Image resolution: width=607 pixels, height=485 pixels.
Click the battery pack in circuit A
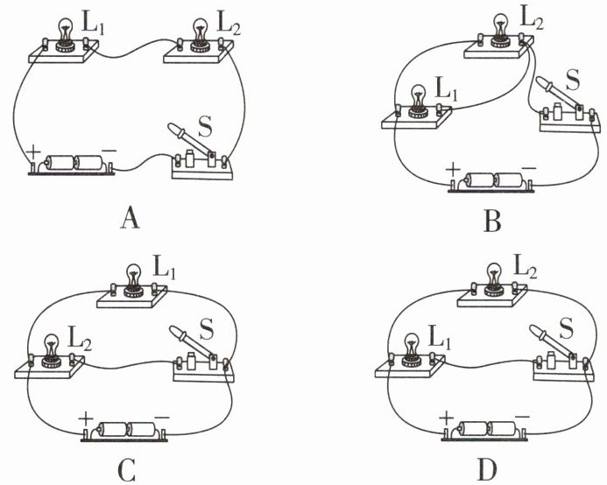pyautogui.click(x=72, y=164)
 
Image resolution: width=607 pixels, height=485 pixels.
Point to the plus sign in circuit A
pyautogui.click(x=33, y=152)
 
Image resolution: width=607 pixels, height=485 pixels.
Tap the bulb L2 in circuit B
pyautogui.click(x=501, y=31)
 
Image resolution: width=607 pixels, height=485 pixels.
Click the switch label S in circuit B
pyautogui.click(x=572, y=80)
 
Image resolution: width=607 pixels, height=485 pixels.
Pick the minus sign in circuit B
pyautogui.click(x=529, y=168)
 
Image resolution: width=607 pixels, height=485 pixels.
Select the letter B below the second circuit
pyautogui.click(x=492, y=221)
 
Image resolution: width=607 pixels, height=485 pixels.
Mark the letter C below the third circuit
pyautogui.click(x=126, y=470)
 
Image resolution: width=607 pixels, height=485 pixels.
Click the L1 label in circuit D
pyautogui.click(x=441, y=338)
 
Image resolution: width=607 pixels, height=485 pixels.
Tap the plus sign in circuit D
pyautogui.click(x=447, y=418)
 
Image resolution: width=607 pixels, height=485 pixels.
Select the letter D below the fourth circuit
pyautogui.click(x=487, y=470)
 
